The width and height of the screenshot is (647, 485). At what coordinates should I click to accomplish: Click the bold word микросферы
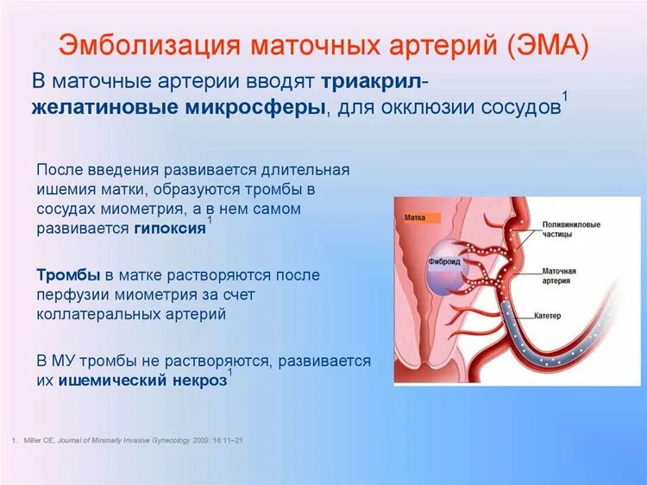255,108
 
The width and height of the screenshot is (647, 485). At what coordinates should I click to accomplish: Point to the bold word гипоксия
170,228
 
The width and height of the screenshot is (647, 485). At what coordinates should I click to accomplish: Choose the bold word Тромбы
68,275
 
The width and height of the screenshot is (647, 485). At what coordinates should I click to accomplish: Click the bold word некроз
200,381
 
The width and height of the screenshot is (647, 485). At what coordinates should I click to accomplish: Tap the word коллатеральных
98,314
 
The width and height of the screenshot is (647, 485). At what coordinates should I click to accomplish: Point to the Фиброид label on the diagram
444,261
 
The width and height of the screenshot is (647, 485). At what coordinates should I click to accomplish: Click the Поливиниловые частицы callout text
571,230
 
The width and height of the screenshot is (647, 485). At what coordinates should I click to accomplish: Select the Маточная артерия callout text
559,276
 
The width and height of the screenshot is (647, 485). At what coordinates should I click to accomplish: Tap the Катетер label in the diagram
548,316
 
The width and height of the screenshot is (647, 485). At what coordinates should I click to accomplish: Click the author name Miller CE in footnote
39,440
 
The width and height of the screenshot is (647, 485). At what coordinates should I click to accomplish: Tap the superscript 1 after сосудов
565,97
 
